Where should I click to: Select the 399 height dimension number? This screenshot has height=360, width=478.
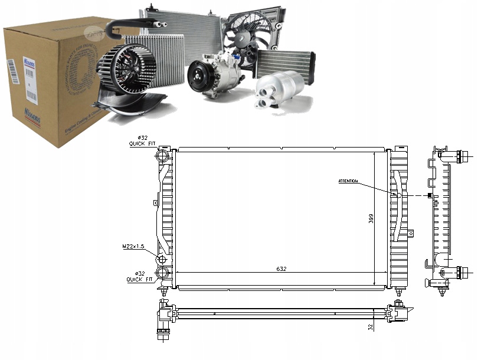(x=371, y=219)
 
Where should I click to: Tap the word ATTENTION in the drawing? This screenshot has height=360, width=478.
(x=348, y=181)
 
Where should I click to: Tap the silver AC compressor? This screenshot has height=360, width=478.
(x=215, y=77)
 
